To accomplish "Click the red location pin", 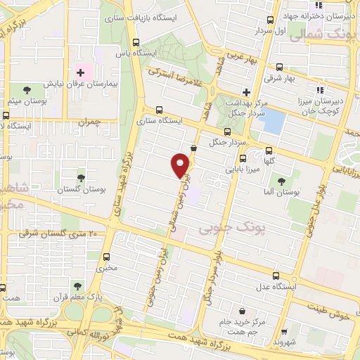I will coord(180,165).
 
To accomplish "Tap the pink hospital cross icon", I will coord(80,72).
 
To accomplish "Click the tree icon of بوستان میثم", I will coord(27,90).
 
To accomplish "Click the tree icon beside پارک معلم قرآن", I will coord(76,285).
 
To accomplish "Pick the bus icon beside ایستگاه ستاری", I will coord(160,109).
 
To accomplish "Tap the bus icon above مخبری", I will coord(106,257).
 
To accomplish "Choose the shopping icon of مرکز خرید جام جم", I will coord(243,311).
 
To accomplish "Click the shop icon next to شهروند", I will coord(283,331).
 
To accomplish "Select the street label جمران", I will coord(90,122).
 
